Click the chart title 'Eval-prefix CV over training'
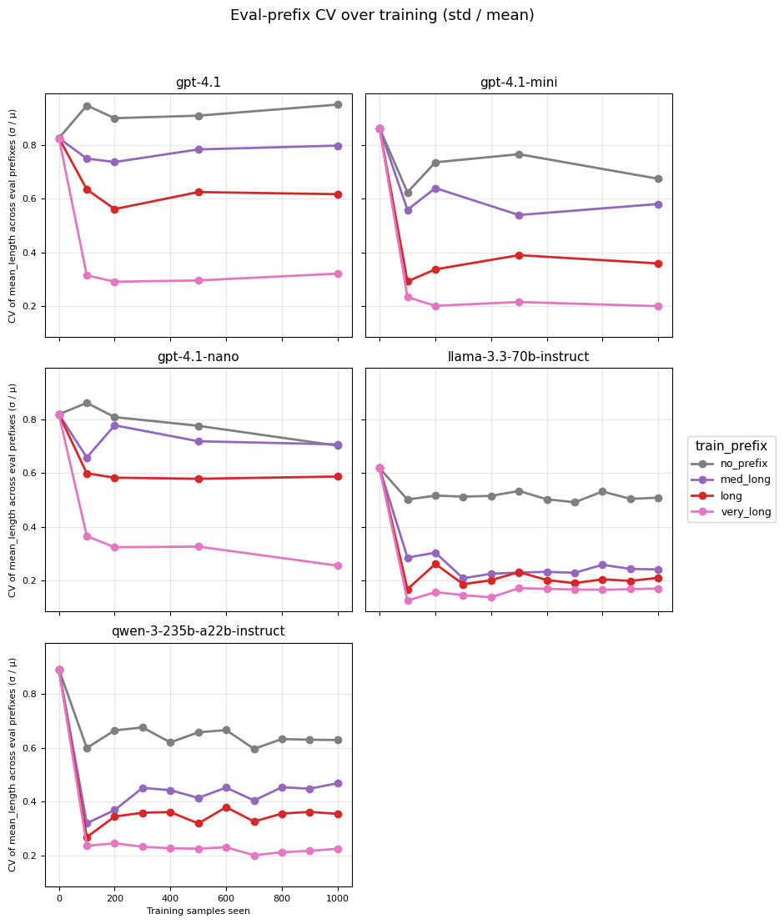tap(382, 15)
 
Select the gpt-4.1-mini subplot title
tap(518, 83)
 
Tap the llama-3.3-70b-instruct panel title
tap(518, 357)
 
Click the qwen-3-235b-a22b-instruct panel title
tap(199, 631)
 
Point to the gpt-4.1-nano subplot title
tap(199, 357)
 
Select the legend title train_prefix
tap(731, 446)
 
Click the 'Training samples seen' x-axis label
tap(199, 911)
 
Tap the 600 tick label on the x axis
tap(226, 899)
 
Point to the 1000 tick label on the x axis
tap(338, 899)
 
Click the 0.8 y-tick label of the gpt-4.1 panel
tap(31, 145)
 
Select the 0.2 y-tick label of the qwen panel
tap(31, 856)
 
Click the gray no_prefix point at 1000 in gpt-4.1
tap(338, 104)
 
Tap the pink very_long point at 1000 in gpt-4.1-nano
tap(338, 565)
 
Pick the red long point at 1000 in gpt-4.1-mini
tap(658, 264)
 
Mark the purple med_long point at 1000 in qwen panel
tap(338, 783)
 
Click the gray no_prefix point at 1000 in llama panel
tap(658, 498)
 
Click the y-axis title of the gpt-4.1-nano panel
tap(13, 490)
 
